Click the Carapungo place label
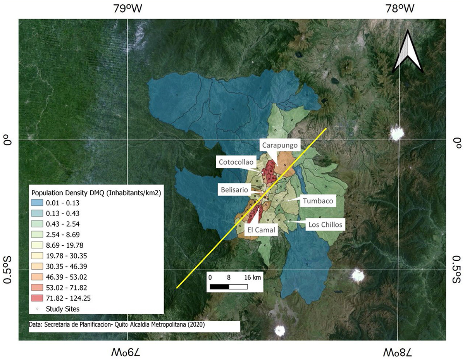tap(279, 146)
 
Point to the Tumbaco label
tap(318, 201)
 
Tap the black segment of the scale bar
tap(219, 287)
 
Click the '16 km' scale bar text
tap(252, 277)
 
